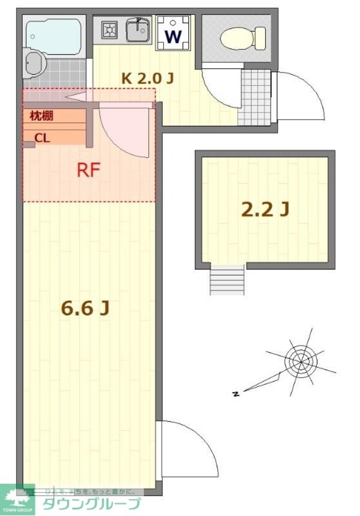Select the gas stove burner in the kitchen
click(109, 29)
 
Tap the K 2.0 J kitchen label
click(148, 77)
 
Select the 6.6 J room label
click(85, 308)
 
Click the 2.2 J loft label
click(265, 209)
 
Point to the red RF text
click(88, 170)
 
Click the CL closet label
click(42, 137)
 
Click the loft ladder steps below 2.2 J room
click(227, 280)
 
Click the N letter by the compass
click(236, 394)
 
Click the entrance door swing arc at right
click(300, 96)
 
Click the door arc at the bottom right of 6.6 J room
click(186, 447)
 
